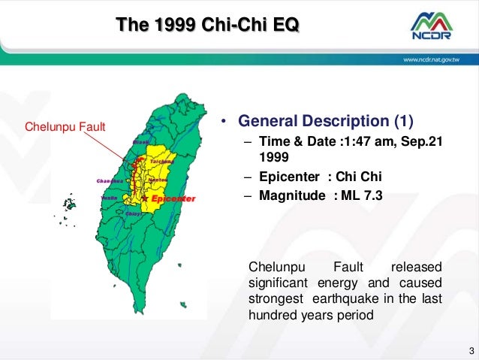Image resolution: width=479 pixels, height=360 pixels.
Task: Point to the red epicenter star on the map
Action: click(145, 198)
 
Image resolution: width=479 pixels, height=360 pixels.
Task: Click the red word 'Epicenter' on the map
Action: click(173, 198)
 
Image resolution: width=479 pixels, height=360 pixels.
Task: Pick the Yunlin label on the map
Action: click(109, 198)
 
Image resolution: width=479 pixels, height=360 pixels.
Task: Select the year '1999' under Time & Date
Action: click(274, 158)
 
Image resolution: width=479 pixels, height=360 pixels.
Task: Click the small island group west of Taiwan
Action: click(69, 204)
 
